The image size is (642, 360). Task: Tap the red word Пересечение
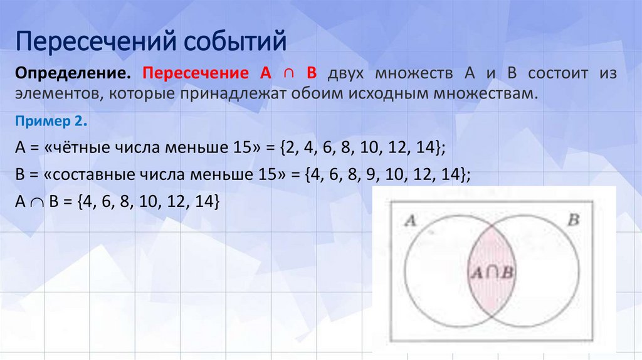point(197,74)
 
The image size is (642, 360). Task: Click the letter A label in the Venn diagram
point(411,220)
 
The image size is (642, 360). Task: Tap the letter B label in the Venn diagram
point(572,220)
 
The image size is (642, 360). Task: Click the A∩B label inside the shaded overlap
point(492,272)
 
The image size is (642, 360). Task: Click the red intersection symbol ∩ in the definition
point(286,74)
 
